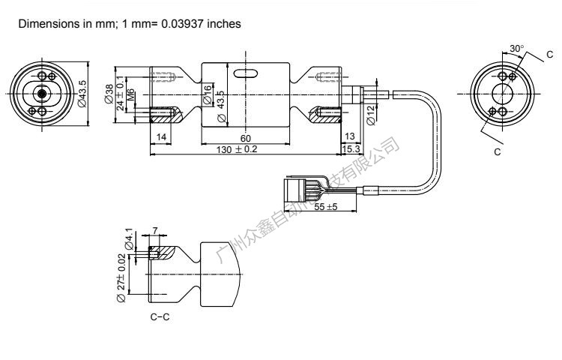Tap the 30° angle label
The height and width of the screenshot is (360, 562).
[x=516, y=49]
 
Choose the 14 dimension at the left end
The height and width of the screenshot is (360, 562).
[x=163, y=136]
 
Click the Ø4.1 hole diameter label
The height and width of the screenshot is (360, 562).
[x=129, y=239]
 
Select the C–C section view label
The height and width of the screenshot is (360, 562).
[x=160, y=317]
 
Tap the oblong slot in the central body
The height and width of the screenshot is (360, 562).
[x=246, y=73]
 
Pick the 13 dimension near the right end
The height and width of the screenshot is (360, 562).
[x=349, y=136]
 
